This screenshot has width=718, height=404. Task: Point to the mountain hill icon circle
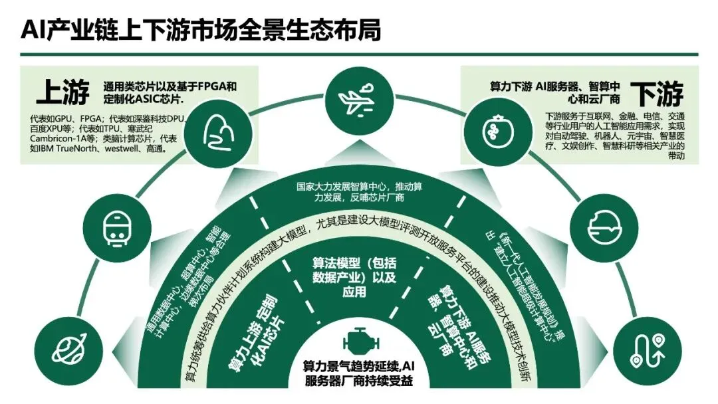tap(220, 129)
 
